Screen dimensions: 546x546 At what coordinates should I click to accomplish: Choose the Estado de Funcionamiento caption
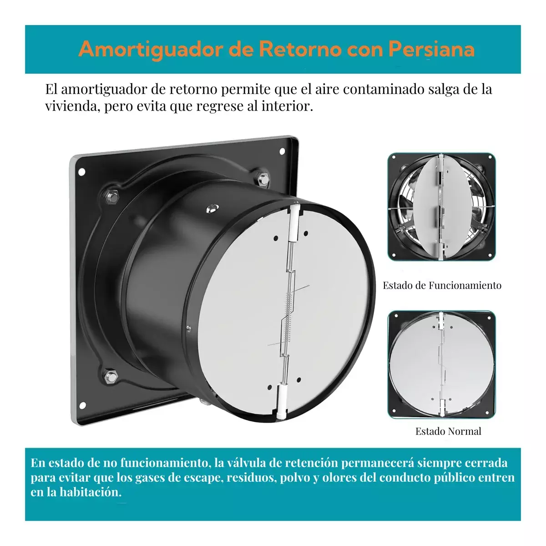pyautogui.click(x=442, y=286)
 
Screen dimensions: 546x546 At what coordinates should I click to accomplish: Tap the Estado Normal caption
pyautogui.click(x=448, y=431)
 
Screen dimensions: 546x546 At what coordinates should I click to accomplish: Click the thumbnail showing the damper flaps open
pyautogui.click(x=441, y=207)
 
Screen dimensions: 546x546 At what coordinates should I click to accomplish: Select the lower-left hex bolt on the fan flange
pyautogui.click(x=109, y=376)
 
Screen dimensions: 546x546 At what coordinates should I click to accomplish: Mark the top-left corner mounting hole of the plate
pyautogui.click(x=82, y=172)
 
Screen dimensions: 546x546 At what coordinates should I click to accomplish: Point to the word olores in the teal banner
pyautogui.click(x=339, y=478)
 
